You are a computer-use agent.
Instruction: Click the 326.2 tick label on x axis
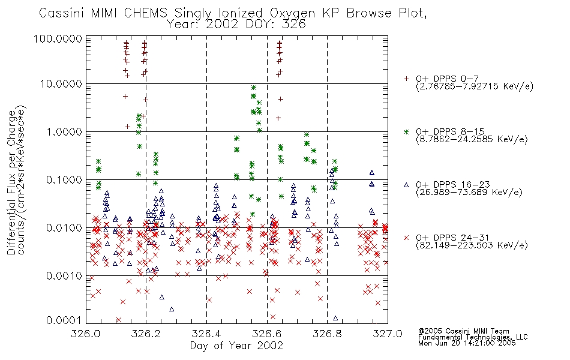[x=146, y=334]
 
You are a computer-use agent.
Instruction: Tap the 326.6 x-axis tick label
[x=267, y=334]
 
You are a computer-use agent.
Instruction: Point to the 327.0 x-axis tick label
[x=388, y=334]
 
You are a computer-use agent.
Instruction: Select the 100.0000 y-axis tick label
[x=58, y=38]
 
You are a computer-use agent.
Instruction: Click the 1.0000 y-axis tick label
[x=64, y=131]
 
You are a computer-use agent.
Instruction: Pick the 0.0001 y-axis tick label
[x=64, y=320]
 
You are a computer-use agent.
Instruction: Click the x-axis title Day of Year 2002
[x=236, y=346]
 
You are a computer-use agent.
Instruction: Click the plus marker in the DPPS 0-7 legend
[x=406, y=79]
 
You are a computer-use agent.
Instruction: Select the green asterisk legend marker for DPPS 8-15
[x=406, y=131]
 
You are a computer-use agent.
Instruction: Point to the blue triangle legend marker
[x=406, y=185]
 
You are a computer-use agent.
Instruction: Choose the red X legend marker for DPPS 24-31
[x=406, y=238]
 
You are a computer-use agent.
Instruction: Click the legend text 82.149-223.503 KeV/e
[x=472, y=245]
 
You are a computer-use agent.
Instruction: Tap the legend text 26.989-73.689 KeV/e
[x=469, y=193]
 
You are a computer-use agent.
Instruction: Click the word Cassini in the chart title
[x=61, y=13]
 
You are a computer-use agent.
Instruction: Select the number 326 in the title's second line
[x=294, y=25]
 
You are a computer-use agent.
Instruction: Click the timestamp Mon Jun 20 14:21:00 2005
[x=467, y=343]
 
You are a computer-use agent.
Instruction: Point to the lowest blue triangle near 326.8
[x=335, y=318]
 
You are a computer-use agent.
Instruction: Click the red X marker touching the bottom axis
[x=119, y=320]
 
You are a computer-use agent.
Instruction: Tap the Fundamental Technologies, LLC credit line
[x=473, y=337]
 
